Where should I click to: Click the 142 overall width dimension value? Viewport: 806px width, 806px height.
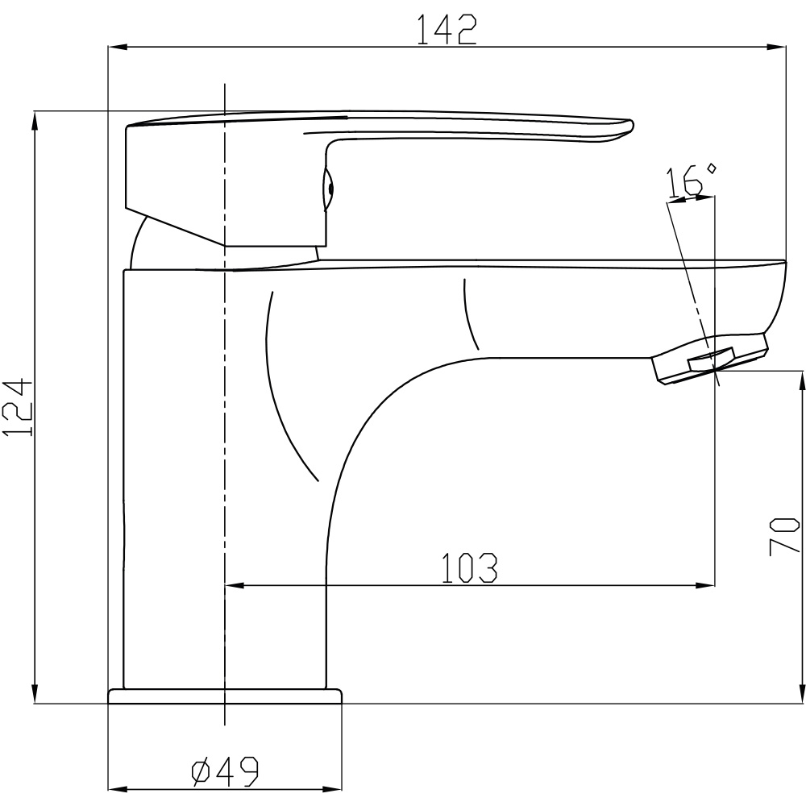[x=447, y=30]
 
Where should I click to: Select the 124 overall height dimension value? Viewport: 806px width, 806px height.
[x=18, y=408]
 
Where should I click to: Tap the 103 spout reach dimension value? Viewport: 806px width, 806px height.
[x=469, y=568]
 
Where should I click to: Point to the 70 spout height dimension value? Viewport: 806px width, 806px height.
[x=784, y=536]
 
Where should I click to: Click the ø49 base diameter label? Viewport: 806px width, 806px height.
[x=225, y=771]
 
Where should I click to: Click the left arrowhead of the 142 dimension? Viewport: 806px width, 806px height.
[x=117, y=48]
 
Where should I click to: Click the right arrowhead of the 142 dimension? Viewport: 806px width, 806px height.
[x=777, y=48]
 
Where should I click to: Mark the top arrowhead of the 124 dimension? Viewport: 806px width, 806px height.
[x=35, y=122]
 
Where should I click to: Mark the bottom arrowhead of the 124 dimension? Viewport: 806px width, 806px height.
[x=35, y=693]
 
